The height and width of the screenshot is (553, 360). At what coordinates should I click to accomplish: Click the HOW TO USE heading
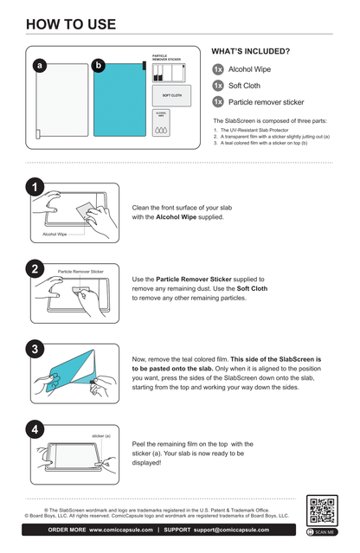pyautogui.click(x=71, y=23)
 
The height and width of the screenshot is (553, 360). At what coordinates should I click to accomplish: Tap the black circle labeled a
pyautogui.click(x=39, y=66)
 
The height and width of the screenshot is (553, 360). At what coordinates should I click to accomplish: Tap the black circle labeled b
pyautogui.click(x=98, y=66)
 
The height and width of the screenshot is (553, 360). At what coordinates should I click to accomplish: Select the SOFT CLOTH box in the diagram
pyautogui.click(x=171, y=95)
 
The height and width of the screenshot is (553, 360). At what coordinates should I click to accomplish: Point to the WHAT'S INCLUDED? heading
pyautogui.click(x=251, y=52)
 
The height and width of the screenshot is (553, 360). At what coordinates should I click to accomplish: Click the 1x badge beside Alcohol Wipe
pyautogui.click(x=218, y=69)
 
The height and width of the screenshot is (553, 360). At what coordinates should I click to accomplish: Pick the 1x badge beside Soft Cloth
pyautogui.click(x=218, y=86)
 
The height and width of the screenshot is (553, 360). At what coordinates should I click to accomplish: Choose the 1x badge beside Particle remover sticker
pyautogui.click(x=218, y=102)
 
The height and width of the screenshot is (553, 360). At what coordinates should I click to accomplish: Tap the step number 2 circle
pyautogui.click(x=34, y=269)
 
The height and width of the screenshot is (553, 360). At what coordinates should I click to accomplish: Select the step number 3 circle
pyautogui.click(x=34, y=350)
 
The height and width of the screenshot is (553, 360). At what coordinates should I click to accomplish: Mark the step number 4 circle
pyautogui.click(x=34, y=430)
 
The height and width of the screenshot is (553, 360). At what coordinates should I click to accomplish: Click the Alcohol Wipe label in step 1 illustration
pyautogui.click(x=55, y=234)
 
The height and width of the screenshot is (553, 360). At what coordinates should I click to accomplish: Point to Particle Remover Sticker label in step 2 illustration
pyautogui.click(x=80, y=272)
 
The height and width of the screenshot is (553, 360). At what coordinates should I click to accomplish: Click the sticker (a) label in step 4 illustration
pyautogui.click(x=101, y=436)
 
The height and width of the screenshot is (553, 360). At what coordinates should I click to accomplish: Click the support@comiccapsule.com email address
pyautogui.click(x=244, y=530)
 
